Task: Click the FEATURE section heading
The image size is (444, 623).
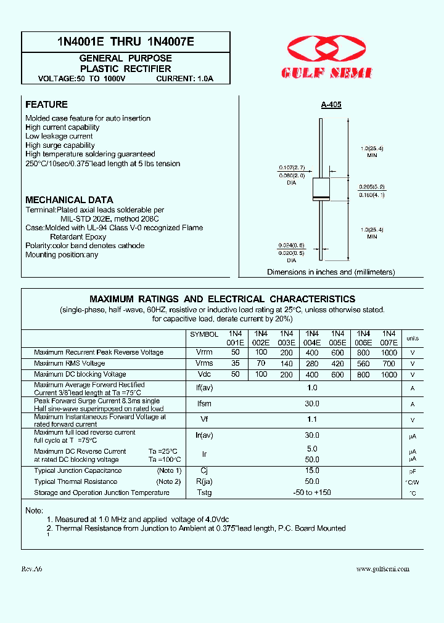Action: point(46,105)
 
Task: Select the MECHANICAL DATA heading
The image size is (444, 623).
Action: point(69,200)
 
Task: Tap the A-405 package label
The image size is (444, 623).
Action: point(331,105)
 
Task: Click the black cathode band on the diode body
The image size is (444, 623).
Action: point(321,197)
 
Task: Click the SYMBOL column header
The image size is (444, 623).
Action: point(204,334)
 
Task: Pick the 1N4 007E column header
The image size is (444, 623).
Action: point(389,337)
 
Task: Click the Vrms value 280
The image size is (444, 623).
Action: point(312,363)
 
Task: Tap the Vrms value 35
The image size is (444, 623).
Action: point(235,363)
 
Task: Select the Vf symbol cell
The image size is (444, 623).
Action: point(204,420)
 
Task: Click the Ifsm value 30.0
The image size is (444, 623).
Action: point(312,404)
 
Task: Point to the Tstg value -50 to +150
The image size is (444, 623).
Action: point(312,492)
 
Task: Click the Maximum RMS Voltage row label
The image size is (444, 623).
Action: point(70,363)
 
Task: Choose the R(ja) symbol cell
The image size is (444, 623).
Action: point(204,481)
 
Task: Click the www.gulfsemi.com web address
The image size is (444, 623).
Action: point(382,569)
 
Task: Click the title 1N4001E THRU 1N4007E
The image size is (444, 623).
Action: point(125,42)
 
